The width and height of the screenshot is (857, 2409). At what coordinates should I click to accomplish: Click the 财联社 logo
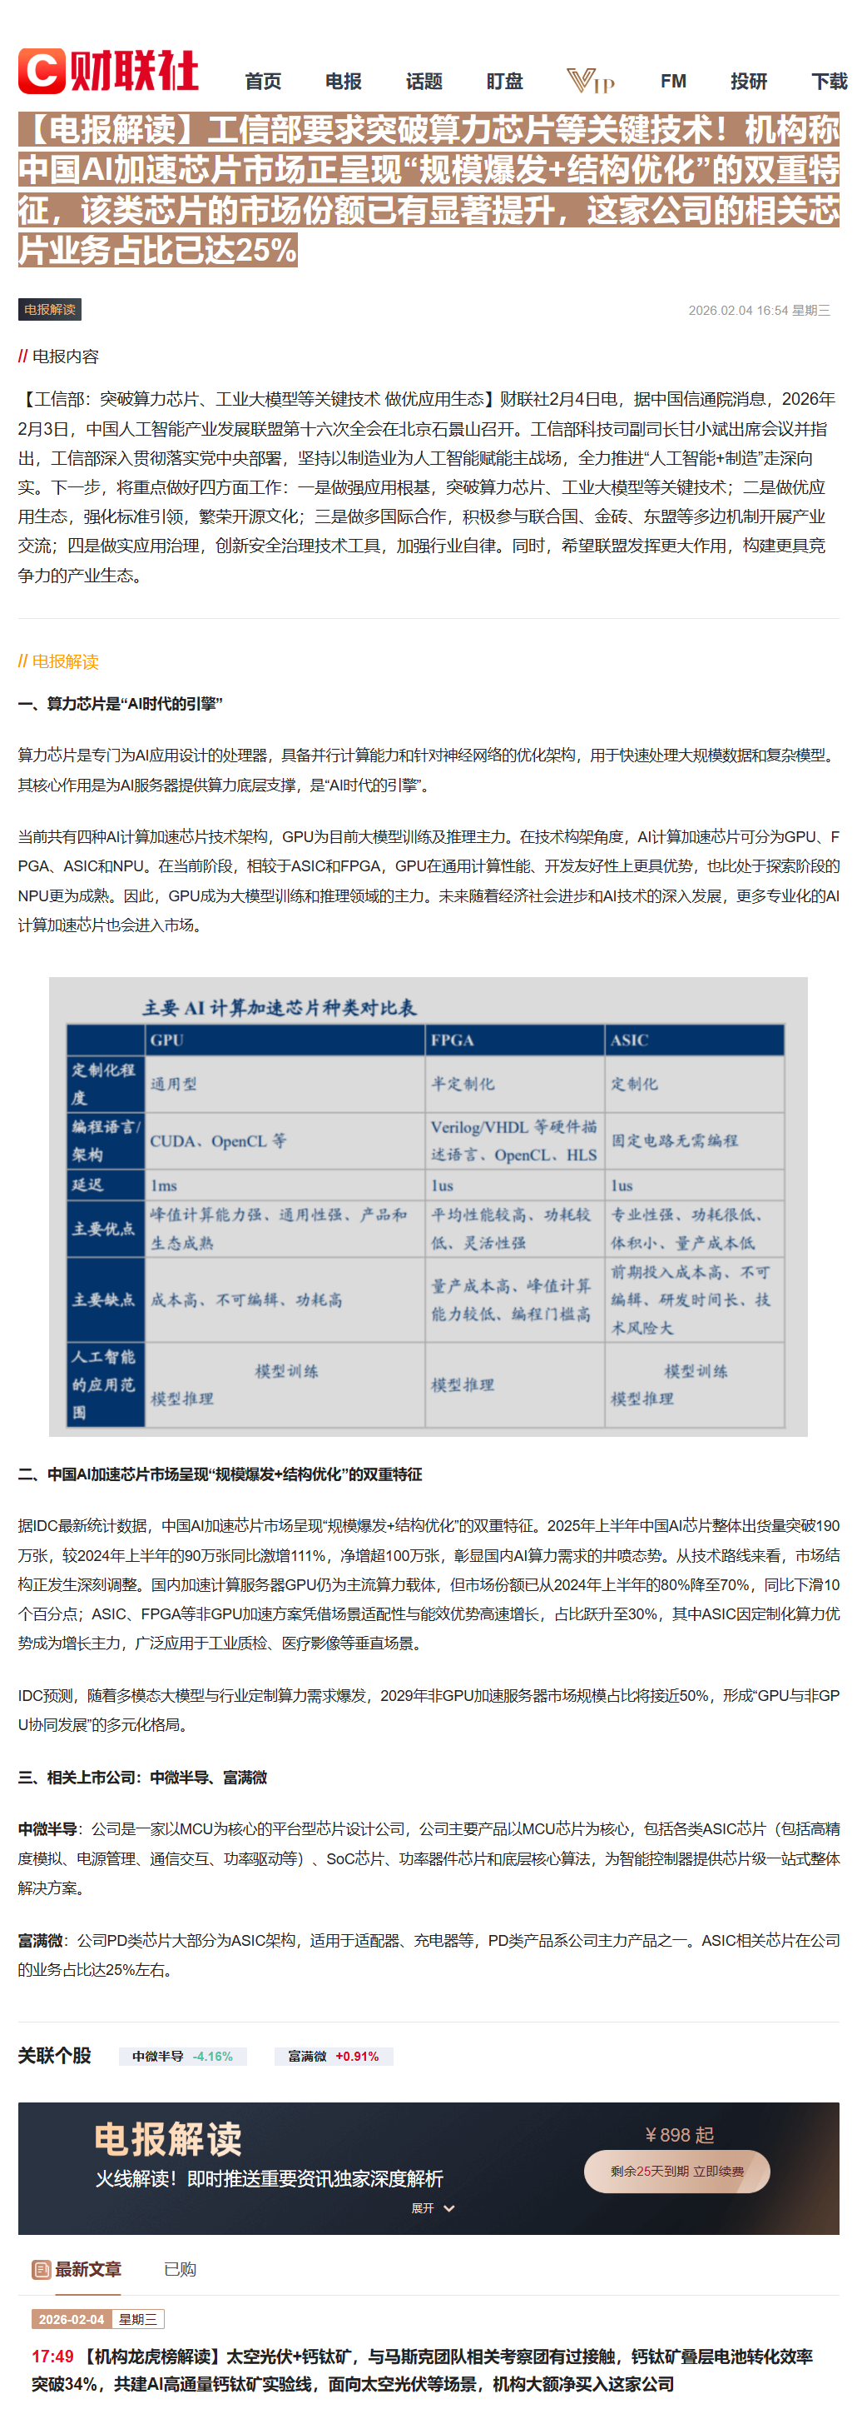coord(107,71)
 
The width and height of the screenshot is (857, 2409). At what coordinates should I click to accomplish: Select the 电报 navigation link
coord(343,82)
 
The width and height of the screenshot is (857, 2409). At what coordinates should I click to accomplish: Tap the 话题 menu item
coord(424,82)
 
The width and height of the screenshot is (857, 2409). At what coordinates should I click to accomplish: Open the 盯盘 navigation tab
coord(505,82)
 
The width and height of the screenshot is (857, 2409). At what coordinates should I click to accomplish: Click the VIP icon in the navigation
coord(591,82)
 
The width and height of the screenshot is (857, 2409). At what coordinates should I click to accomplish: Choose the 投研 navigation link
coord(749,82)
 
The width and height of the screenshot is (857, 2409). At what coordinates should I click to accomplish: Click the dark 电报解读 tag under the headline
coord(50,310)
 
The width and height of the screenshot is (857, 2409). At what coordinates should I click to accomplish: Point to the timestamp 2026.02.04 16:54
coord(737,311)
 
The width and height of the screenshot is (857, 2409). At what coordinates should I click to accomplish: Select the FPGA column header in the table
coord(453,1040)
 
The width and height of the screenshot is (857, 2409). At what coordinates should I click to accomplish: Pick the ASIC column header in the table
coord(629,1040)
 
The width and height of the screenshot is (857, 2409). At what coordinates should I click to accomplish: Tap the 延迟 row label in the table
coord(88,1185)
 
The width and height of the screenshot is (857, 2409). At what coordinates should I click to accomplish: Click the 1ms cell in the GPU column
coord(164,1186)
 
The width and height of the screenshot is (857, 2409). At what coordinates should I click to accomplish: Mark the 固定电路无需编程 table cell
coord(674,1141)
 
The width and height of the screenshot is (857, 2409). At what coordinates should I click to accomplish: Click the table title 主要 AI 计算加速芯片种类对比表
coord(280,1007)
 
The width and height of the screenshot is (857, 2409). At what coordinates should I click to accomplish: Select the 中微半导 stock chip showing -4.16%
coord(182,2057)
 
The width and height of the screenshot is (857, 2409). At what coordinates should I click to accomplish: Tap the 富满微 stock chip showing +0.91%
coord(333,2057)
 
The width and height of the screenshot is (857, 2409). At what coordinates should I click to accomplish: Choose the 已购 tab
coord(180,2270)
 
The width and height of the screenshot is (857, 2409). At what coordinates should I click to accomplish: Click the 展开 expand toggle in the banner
coord(433,2208)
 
